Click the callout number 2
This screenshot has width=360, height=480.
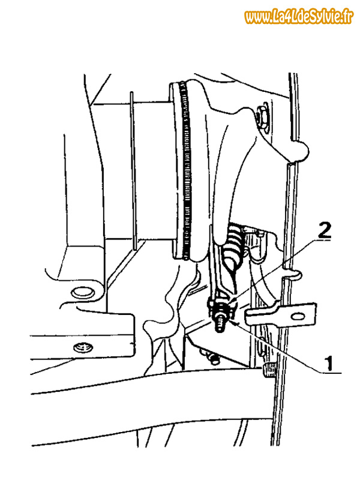tap(325, 230)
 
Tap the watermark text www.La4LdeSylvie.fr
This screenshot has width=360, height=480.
tap(299, 17)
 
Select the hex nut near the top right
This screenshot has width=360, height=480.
tap(262, 117)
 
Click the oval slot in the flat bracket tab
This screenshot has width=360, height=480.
tap(298, 316)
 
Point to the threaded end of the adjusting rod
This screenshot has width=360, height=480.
tap(220, 326)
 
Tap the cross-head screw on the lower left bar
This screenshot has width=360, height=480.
tap(83, 348)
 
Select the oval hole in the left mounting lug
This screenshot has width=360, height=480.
tap(82, 292)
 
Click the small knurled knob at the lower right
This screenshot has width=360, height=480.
tap(269, 370)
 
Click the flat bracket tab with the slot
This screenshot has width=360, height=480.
tap(280, 314)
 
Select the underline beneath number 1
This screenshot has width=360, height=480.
tap(331, 373)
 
